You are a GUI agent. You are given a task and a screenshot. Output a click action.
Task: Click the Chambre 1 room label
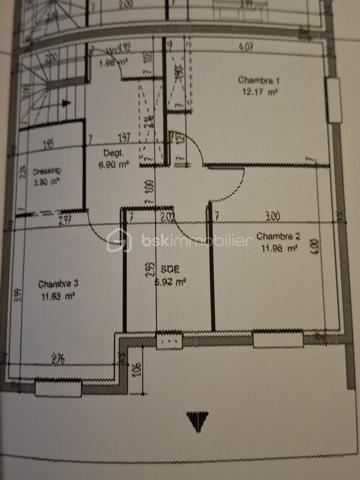[x=256, y=80]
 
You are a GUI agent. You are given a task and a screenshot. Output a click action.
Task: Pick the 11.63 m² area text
[x=58, y=296]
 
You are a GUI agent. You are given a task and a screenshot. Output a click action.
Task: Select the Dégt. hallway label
[x=112, y=153]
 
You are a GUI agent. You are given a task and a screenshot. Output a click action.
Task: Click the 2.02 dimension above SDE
[x=168, y=214]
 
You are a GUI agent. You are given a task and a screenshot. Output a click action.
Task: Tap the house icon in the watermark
[x=119, y=241]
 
